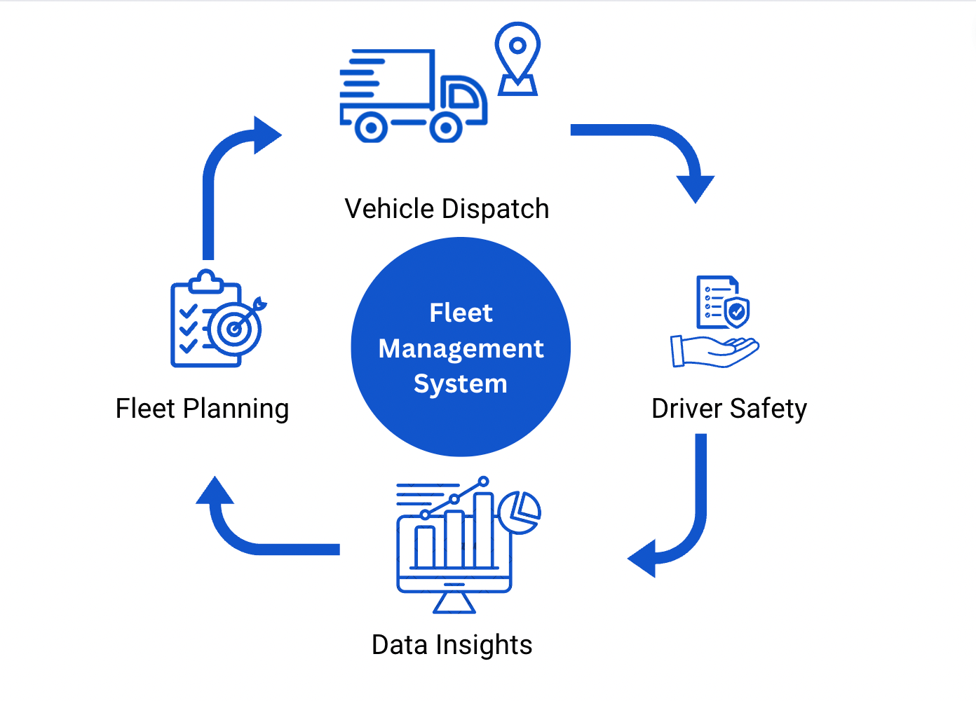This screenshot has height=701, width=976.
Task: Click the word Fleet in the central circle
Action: [461, 313]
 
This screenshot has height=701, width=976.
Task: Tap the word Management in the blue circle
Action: [461, 348]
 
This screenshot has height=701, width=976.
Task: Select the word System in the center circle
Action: [460, 384]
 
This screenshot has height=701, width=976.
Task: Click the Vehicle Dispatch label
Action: [447, 209]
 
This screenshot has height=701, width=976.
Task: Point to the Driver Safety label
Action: [729, 409]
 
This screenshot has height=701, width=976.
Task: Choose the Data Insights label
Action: [452, 645]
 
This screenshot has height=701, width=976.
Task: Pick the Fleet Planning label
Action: [202, 409]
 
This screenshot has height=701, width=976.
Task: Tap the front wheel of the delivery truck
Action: [445, 128]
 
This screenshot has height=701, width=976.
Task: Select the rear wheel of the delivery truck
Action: [371, 128]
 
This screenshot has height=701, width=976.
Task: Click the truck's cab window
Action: [462, 95]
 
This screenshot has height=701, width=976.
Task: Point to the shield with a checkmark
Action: [736, 311]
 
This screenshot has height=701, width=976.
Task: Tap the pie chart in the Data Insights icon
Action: [520, 512]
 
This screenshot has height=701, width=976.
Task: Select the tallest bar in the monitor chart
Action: [483, 529]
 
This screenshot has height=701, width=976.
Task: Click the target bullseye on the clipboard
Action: [235, 328]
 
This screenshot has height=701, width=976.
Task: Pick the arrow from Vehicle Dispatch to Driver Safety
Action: [659, 140]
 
